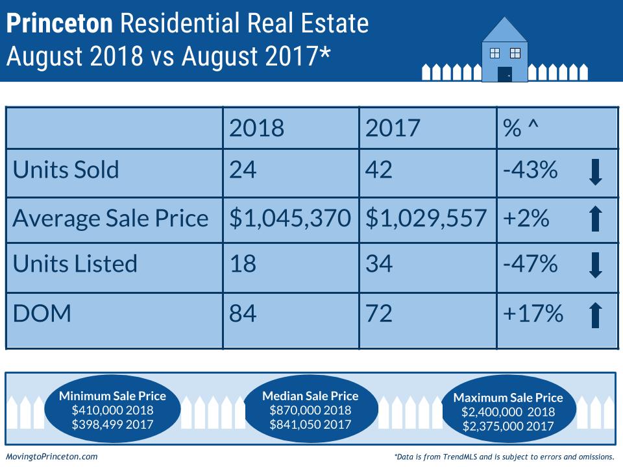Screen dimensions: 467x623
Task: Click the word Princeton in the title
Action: tap(60, 24)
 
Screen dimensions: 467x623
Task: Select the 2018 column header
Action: tap(256, 128)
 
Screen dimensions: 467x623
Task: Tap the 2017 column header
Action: tap(393, 128)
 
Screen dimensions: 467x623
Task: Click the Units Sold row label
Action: tap(66, 170)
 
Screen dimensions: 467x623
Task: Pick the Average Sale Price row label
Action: tap(110, 218)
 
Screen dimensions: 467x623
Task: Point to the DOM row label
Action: tap(42, 314)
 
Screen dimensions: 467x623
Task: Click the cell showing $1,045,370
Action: tap(290, 218)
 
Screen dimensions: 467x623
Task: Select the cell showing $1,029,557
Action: tap(426, 218)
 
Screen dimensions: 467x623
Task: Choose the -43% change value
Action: tap(530, 170)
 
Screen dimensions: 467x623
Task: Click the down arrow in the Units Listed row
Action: tap(596, 265)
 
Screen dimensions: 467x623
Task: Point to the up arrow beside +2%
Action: tap(596, 219)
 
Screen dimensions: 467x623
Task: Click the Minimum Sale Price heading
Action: tap(112, 396)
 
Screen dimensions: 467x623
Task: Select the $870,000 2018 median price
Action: tap(310, 410)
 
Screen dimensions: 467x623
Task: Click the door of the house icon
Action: tap(504, 74)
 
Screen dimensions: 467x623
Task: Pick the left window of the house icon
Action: tap(495, 52)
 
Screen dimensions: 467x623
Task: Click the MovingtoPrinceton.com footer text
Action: tap(51, 457)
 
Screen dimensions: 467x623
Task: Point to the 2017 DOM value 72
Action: tap(379, 314)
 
